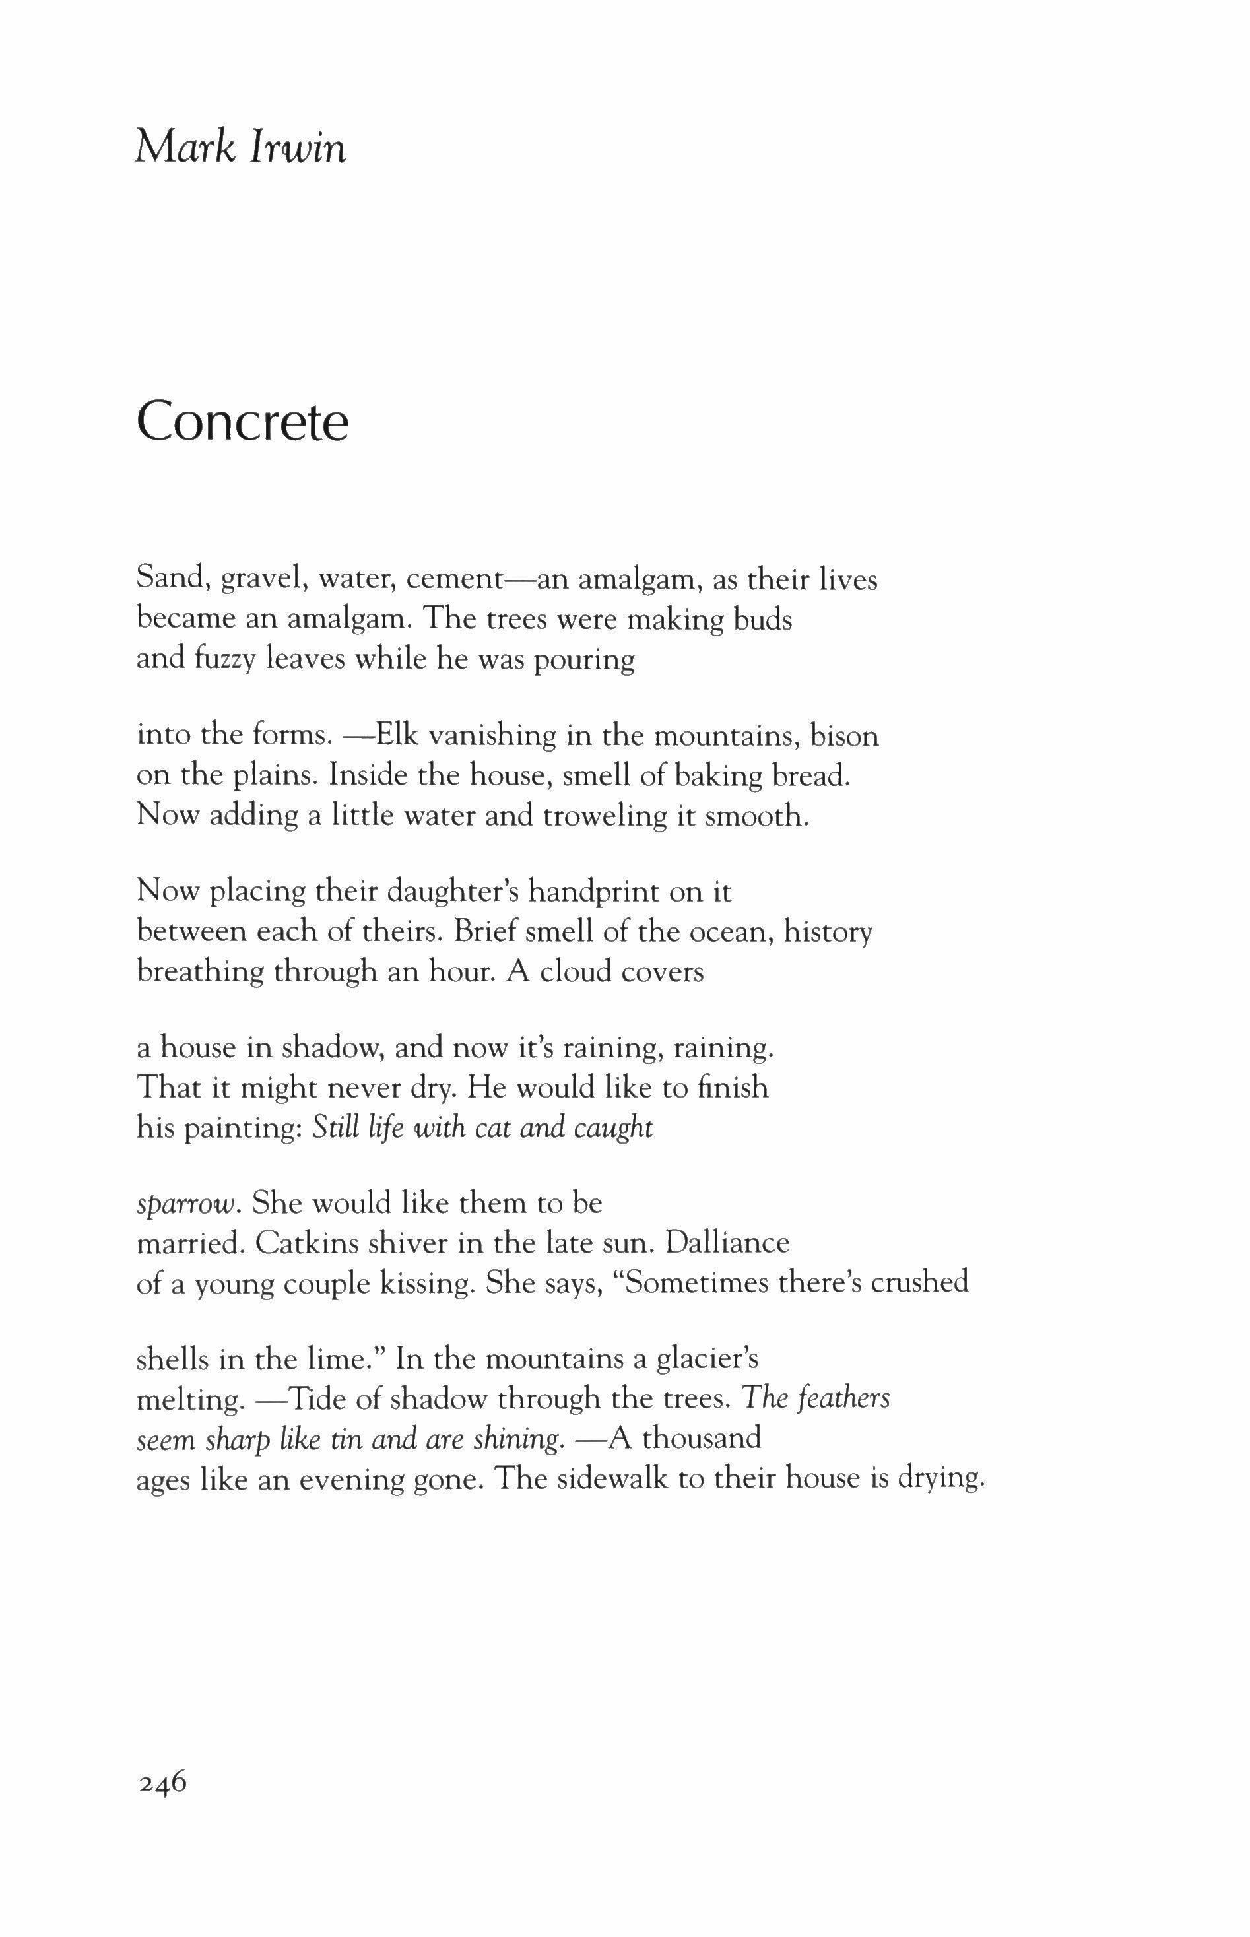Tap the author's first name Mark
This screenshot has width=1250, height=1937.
183,148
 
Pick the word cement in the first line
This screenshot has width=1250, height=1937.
455,581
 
